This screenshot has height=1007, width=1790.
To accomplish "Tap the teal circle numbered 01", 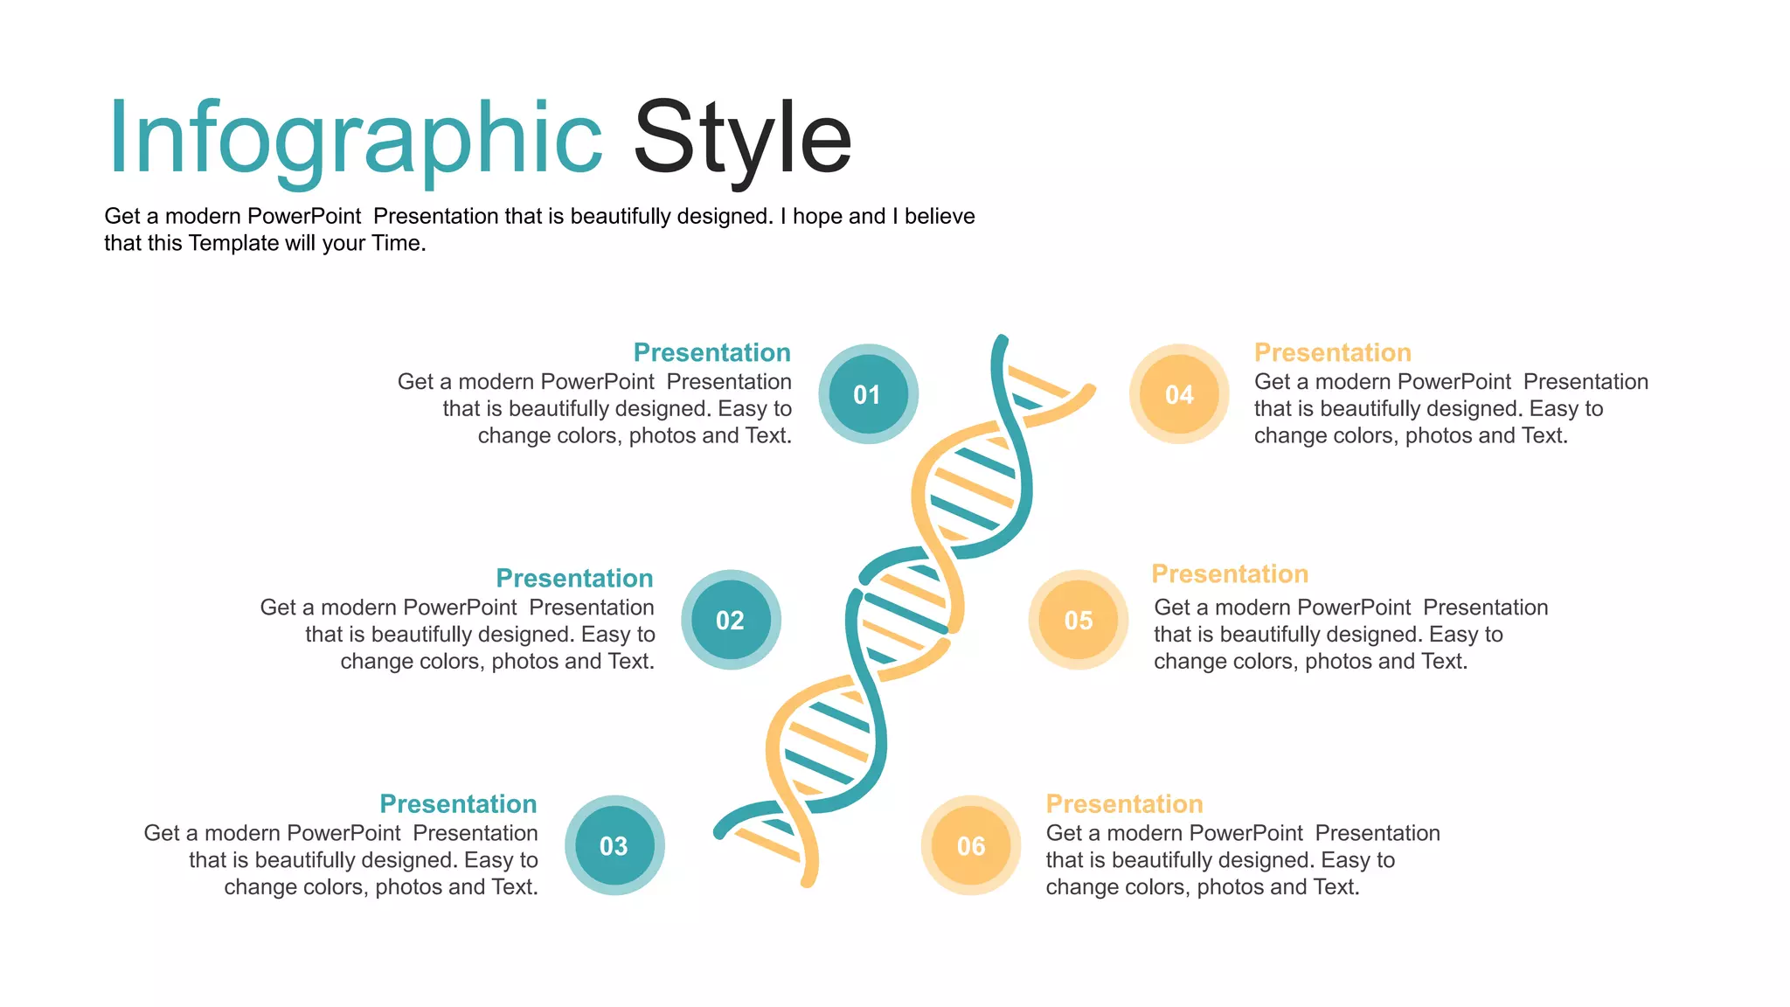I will [868, 394].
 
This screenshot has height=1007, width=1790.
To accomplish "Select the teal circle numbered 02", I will [731, 620].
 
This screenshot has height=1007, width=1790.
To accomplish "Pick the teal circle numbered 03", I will [614, 845].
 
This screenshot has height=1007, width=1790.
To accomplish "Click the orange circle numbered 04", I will [1179, 394].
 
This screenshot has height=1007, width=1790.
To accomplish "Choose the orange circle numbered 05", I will [1079, 620].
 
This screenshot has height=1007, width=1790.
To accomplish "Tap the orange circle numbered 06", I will [971, 845].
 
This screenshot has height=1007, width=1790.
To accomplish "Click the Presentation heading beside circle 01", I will [711, 352].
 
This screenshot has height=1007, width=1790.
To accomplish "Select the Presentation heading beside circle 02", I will [574, 578].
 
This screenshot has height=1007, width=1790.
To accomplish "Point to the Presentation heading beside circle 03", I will [458, 803].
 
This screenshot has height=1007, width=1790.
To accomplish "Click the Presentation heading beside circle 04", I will [1332, 352].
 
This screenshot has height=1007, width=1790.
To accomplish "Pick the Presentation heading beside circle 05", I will [1230, 573].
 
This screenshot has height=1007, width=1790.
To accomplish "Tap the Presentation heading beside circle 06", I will [1124, 803].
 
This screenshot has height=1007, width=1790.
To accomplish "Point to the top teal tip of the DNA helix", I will [1002, 341].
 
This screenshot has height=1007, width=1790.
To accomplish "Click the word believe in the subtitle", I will [940, 216].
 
